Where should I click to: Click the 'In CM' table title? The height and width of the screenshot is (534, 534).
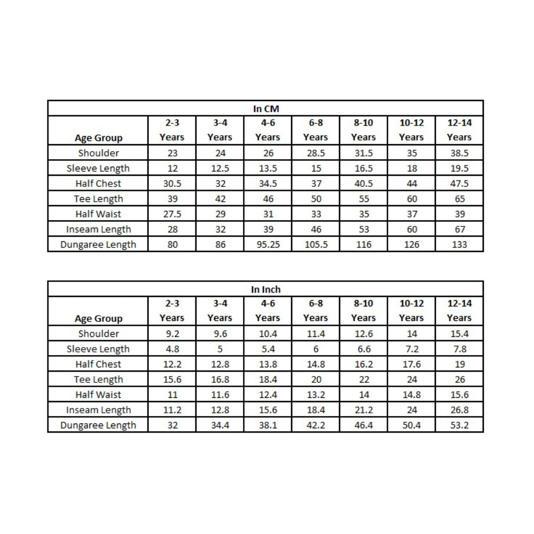point(265,109)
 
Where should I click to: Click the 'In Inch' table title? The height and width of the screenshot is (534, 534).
point(265,289)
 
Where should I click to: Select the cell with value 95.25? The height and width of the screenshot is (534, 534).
point(268,245)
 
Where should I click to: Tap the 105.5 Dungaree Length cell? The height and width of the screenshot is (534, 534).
point(316,245)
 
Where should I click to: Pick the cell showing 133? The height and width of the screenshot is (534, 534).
point(459,245)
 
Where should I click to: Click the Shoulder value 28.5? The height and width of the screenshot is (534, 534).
point(316,153)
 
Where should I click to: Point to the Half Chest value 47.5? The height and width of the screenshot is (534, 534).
point(459,184)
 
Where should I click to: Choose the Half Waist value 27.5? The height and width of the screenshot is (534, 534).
point(171,214)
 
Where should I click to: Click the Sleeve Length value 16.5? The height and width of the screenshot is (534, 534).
point(364,168)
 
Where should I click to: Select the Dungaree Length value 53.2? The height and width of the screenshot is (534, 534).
point(459,426)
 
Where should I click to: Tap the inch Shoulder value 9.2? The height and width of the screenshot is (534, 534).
point(171,334)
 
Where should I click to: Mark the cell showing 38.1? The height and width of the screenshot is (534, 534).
point(268,426)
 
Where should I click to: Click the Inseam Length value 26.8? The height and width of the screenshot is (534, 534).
point(459,410)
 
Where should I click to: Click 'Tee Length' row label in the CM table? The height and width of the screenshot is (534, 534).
point(98,199)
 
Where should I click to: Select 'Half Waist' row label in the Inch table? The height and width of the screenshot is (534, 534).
point(98,395)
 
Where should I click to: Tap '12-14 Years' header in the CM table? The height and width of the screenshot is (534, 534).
point(459,130)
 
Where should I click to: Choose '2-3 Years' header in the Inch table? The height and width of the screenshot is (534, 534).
point(171,310)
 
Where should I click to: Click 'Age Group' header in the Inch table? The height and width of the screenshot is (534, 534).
point(98,319)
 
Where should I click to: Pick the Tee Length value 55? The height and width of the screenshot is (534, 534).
point(364,199)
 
